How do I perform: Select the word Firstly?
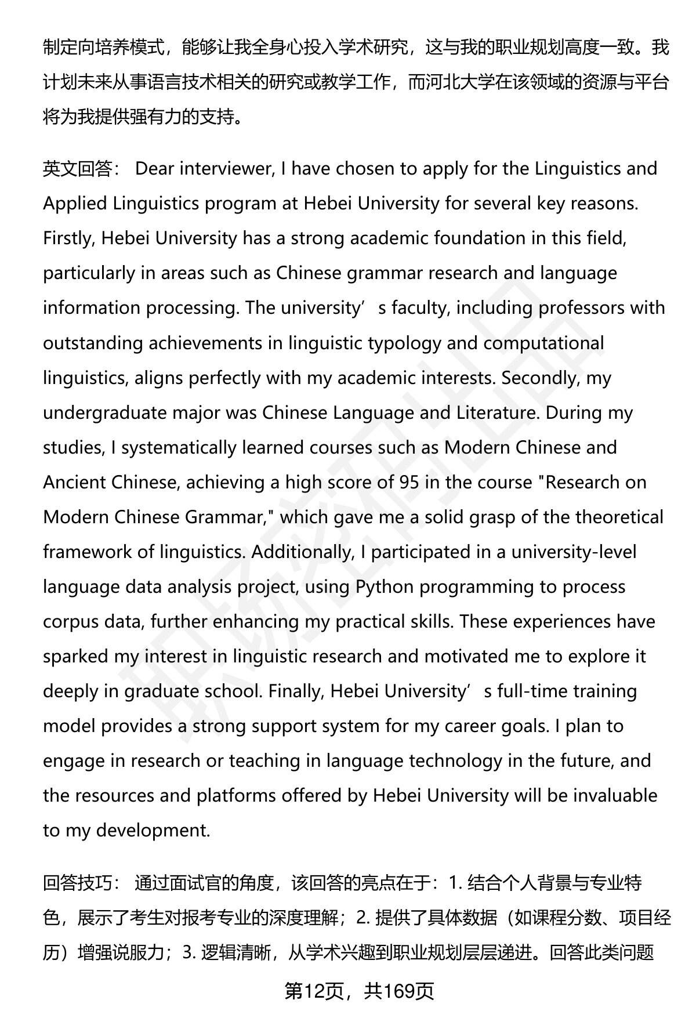(69, 238)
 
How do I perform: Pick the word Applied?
(75, 204)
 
